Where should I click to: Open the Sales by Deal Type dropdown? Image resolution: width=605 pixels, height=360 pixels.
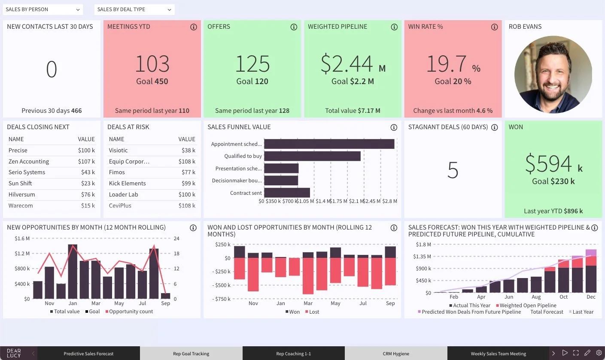pyautogui.click(x=134, y=9)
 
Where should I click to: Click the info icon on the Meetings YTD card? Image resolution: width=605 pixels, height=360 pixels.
pyautogui.click(x=193, y=27)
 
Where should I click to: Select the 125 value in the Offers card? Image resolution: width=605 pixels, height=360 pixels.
pyautogui.click(x=252, y=64)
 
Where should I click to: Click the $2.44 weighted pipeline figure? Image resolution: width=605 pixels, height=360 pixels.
pyautogui.click(x=347, y=64)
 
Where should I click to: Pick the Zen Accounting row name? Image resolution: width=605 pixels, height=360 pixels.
pyautogui.click(x=29, y=161)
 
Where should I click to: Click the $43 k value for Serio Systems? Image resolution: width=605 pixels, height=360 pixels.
pyautogui.click(x=88, y=172)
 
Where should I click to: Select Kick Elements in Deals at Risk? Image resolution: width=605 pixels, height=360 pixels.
pyautogui.click(x=127, y=183)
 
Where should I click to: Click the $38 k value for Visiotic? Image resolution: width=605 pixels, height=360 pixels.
pyautogui.click(x=188, y=150)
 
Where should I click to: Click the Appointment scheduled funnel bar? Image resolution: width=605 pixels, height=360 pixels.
pyautogui.click(x=329, y=144)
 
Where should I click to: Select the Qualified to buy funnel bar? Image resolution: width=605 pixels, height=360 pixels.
pyautogui.click(x=312, y=156)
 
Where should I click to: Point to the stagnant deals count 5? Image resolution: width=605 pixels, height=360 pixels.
pyautogui.click(x=453, y=170)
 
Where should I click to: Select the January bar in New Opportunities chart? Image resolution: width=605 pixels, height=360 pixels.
pyautogui.click(x=73, y=271)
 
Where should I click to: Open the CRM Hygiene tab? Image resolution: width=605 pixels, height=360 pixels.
pyautogui.click(x=396, y=354)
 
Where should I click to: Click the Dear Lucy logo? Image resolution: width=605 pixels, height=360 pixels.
pyautogui.click(x=14, y=353)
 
